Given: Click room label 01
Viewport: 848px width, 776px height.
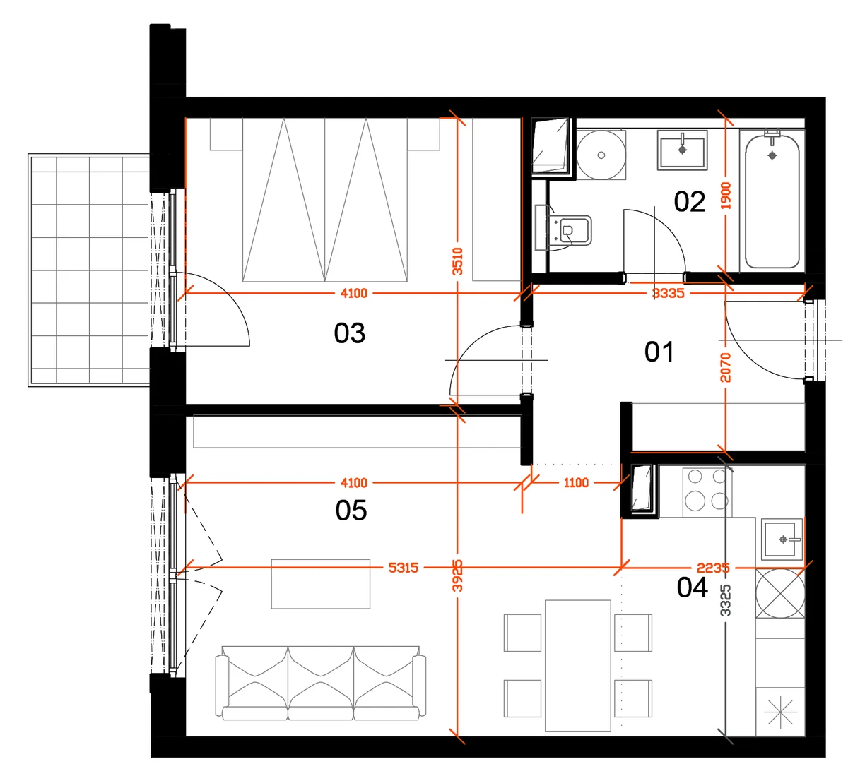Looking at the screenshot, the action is pyautogui.click(x=659, y=352).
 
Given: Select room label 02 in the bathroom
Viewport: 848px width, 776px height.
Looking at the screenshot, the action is pyautogui.click(x=690, y=201).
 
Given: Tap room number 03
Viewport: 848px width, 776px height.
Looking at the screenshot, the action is pyautogui.click(x=349, y=333).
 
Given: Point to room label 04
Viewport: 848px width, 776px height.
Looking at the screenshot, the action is pyautogui.click(x=692, y=587).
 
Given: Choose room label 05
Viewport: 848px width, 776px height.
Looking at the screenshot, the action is pyautogui.click(x=351, y=511).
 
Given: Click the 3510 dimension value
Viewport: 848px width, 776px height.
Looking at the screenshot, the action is pyautogui.click(x=457, y=261).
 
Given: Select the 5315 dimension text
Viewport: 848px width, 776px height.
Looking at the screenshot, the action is pyautogui.click(x=404, y=567).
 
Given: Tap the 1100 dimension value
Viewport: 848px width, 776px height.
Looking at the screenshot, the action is pyautogui.click(x=576, y=482).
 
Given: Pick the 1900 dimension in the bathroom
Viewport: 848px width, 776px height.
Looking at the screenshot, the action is pyautogui.click(x=726, y=196).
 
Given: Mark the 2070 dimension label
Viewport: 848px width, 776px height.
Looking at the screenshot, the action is pyautogui.click(x=726, y=368).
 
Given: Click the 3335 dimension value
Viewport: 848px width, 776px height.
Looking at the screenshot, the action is pyautogui.click(x=668, y=293).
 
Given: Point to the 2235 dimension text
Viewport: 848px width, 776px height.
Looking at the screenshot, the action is pyautogui.click(x=713, y=568).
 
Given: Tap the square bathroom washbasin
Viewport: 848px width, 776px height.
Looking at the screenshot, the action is pyautogui.click(x=682, y=150).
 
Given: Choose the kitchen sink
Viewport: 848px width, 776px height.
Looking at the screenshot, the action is pyautogui.click(x=782, y=539).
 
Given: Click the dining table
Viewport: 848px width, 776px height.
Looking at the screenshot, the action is pyautogui.click(x=577, y=665).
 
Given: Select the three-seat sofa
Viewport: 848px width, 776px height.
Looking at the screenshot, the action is pyautogui.click(x=321, y=683).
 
